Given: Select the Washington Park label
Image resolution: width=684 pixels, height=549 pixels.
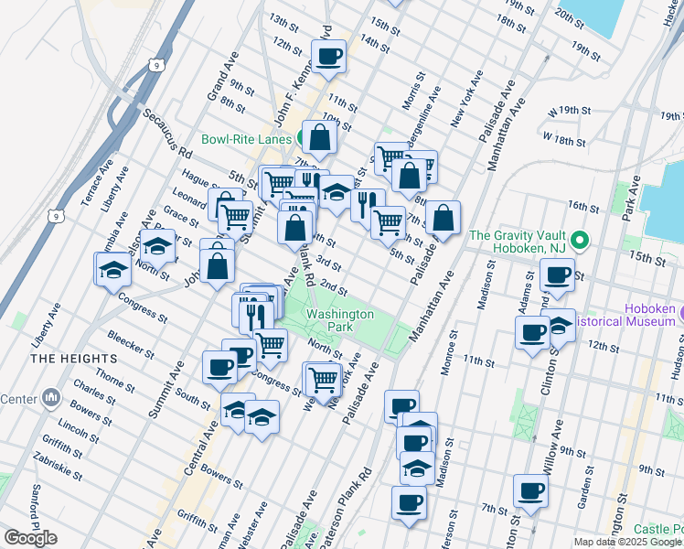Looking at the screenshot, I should tap(339, 319).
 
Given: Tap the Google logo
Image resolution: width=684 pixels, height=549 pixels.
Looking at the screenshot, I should tap(30, 538).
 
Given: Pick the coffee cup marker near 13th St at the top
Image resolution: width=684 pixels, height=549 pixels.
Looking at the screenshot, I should tap(328, 58).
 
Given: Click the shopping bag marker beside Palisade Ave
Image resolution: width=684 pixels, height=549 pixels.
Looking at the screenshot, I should tap(443, 219).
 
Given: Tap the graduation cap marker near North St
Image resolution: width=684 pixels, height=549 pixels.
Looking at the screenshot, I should tap(158, 245).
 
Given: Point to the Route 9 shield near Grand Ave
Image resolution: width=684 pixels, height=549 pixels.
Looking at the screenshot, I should tap(158, 66).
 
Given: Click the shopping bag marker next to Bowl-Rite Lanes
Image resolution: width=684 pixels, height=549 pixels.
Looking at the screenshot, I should tap(320, 138).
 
